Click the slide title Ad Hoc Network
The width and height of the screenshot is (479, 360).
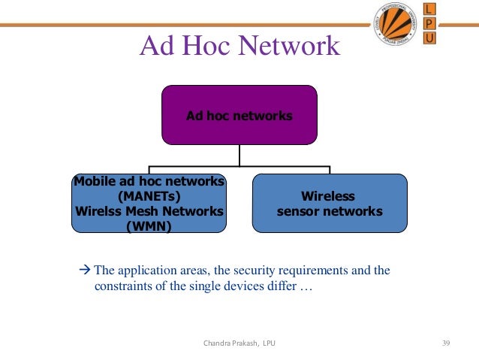click(239, 46)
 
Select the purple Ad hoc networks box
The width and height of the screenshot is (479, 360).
click(239, 115)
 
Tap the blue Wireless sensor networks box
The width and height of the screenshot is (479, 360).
click(330, 204)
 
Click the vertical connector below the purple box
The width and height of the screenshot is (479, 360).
click(239, 154)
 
